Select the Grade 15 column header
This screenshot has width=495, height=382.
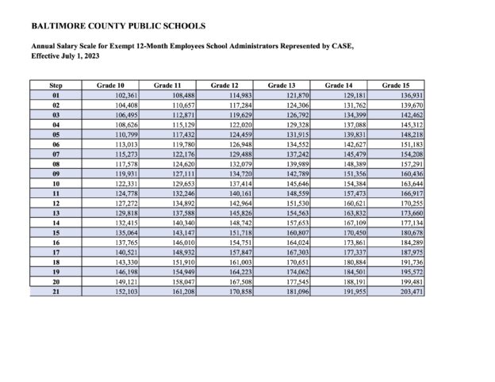395,85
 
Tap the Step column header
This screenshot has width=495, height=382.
56,85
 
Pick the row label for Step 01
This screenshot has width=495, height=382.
56,95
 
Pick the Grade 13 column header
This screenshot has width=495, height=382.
282,85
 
